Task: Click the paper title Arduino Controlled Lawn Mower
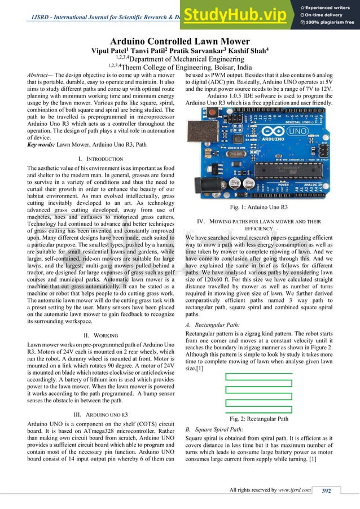pos(180,42)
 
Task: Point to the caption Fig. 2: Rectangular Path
pos(259,419)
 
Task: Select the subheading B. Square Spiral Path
pos(217,429)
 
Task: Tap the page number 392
pos(326,490)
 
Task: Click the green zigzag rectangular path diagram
pos(258,393)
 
